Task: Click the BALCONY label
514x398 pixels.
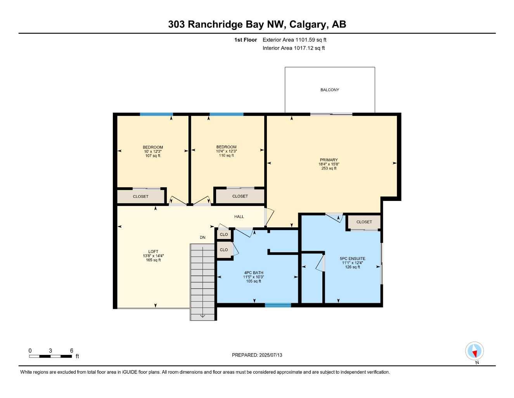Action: click(330, 90)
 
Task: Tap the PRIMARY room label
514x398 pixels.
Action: click(329, 160)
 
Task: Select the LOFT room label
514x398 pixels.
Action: click(153, 251)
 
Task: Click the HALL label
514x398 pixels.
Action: click(239, 217)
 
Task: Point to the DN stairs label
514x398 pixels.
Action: click(202, 237)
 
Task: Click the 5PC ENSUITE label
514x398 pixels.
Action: click(352, 258)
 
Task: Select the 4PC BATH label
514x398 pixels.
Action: click(254, 273)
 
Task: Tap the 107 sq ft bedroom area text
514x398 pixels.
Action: click(153, 156)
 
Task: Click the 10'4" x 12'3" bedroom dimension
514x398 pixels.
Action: click(227, 151)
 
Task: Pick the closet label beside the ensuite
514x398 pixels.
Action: click(364, 222)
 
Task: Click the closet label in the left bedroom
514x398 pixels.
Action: click(140, 197)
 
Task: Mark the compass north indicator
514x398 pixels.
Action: click(474, 352)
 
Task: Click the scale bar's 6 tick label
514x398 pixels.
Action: click(72, 351)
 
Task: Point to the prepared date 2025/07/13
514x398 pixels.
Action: click(257, 355)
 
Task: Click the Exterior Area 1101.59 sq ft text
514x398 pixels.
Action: click(294, 40)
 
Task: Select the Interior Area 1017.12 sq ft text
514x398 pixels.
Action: click(294, 48)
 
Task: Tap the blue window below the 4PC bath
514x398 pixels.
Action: click(278, 305)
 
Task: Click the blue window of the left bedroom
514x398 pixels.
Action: click(156, 114)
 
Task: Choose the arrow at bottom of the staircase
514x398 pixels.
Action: click(202, 316)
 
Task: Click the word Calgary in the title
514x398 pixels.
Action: click(307, 24)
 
